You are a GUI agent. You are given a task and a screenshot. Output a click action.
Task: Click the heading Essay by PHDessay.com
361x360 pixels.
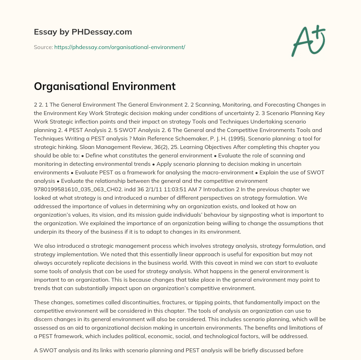tap(83, 32)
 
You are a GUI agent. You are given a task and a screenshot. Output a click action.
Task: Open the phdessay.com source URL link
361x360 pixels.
tap(120, 47)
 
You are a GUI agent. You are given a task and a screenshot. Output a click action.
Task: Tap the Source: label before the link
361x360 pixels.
tap(43, 47)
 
